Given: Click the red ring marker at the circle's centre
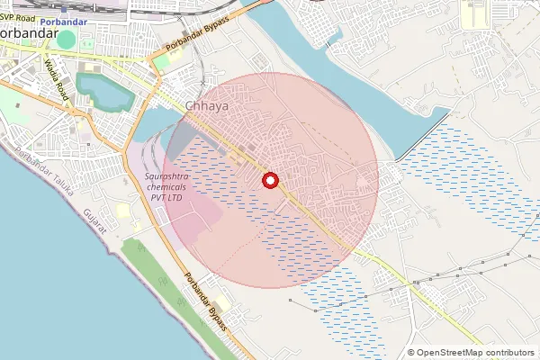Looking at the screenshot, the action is click(x=269, y=181).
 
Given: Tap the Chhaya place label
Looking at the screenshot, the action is click(x=206, y=105).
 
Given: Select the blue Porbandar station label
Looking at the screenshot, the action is click(x=63, y=22).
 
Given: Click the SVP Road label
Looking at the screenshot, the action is click(x=18, y=18).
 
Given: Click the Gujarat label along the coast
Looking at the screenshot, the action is click(x=94, y=224).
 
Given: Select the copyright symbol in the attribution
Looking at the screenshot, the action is click(x=411, y=352).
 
